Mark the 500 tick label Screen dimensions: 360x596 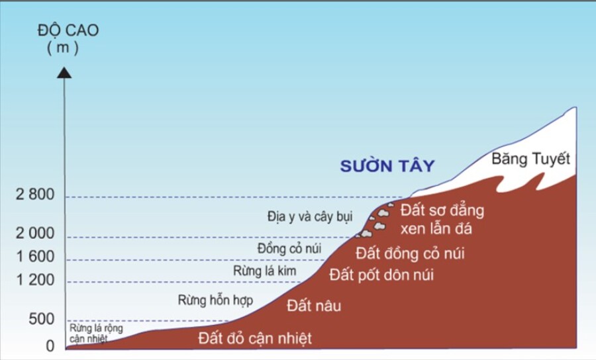coord(41,320)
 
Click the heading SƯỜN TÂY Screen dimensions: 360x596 coord(387,166)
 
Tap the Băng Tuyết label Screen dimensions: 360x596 coord(531,159)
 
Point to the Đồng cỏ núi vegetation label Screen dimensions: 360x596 coord(289,249)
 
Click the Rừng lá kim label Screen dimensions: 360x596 coord(265,271)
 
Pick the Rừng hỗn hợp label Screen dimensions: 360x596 coord(215,300)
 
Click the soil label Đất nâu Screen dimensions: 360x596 coord(309,305)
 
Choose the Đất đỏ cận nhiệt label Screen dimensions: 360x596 coord(255,339)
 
